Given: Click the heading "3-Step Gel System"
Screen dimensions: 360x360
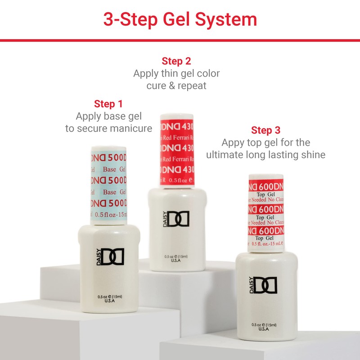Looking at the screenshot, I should (x=180, y=19).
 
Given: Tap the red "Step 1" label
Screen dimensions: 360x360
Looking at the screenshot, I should (x=108, y=104).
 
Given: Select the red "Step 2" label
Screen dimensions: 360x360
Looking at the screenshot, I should (x=176, y=61).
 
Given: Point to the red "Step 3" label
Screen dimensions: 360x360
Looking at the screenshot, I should (x=265, y=130).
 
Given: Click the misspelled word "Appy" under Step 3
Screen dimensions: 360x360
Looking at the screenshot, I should (x=234, y=143).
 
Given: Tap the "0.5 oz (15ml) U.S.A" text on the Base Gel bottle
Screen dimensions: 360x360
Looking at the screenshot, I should (x=109, y=299).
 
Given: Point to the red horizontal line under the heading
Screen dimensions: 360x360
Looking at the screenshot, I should (x=180, y=40).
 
